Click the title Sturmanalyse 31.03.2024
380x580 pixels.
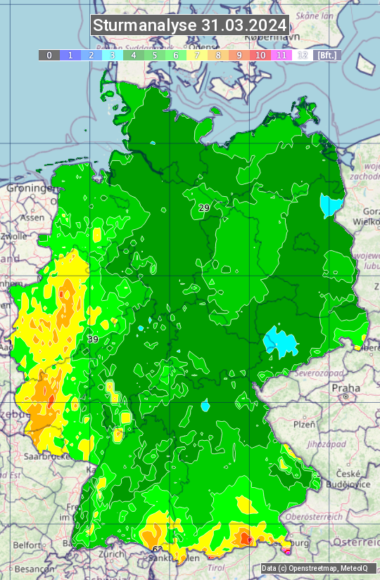(x=190, y=25)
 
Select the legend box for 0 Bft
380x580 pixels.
(x=49, y=55)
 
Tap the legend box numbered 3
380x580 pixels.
(x=113, y=55)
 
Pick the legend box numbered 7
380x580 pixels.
(x=197, y=55)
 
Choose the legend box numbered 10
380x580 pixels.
(x=260, y=55)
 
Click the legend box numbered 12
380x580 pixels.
(x=303, y=55)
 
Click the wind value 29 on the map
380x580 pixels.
(x=204, y=208)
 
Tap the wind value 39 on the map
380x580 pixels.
(x=93, y=340)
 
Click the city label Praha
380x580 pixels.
(x=346, y=388)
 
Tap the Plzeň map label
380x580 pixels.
(x=304, y=425)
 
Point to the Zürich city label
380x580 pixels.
(x=111, y=554)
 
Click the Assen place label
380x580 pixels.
(x=31, y=218)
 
